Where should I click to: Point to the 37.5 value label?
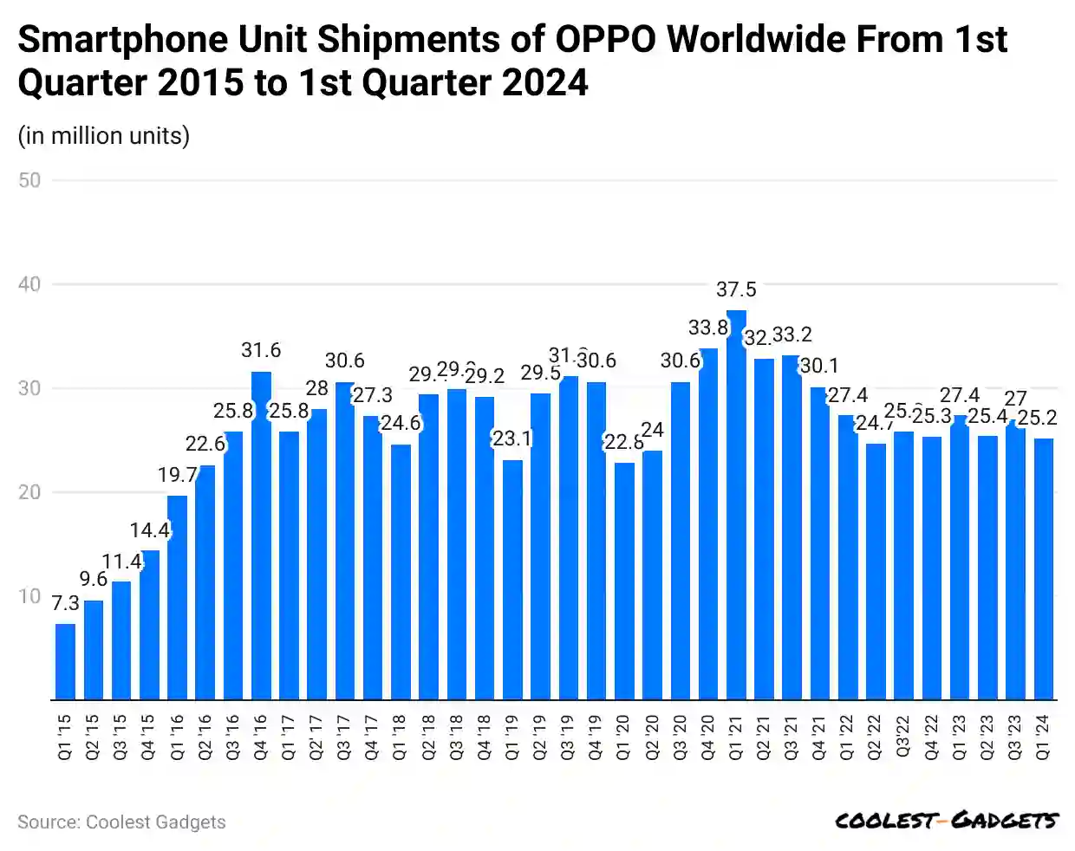coord(736,289)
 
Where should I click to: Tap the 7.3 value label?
coord(65,603)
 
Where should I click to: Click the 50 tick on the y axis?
coord(29,180)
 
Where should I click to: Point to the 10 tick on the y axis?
coord(29,596)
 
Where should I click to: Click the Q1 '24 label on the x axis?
coord(1044,737)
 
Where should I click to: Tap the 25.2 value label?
coord(1037,418)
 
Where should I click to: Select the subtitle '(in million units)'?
coord(104,136)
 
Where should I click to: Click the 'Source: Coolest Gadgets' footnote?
coord(121,822)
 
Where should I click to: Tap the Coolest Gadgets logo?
coord(946,820)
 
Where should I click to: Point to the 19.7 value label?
coord(178,475)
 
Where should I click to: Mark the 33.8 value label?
coord(708,328)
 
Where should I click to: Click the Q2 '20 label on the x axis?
coord(652,737)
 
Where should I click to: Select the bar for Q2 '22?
coord(876,571)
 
